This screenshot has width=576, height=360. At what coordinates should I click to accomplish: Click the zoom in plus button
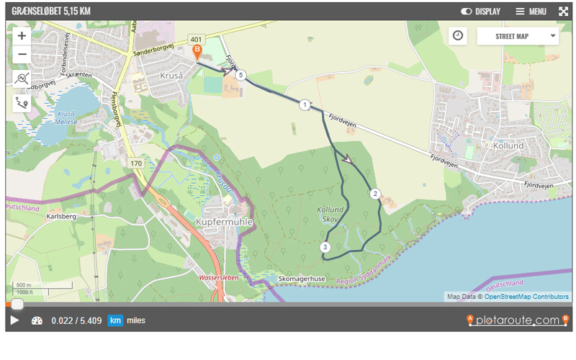click(22, 35)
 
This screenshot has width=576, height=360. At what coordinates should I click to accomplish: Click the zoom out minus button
click(22, 54)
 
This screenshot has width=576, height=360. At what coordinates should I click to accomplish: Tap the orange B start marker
click(197, 51)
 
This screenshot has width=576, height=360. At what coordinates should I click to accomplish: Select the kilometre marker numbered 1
click(305, 105)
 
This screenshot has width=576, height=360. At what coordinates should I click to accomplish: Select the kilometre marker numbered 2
click(374, 193)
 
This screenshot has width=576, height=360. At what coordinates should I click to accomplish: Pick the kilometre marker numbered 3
click(325, 247)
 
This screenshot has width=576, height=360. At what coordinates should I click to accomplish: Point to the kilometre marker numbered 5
click(241, 75)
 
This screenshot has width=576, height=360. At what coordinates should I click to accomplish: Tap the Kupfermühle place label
click(224, 222)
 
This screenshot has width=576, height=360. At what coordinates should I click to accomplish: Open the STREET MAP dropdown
click(517, 36)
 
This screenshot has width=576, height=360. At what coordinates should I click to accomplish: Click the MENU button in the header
click(531, 12)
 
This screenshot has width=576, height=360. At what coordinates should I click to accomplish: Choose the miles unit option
click(135, 320)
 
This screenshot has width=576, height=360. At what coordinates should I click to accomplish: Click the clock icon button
click(458, 35)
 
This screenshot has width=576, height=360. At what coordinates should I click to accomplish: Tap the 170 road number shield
click(136, 163)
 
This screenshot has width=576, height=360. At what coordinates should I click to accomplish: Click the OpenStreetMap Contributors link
click(526, 297)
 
